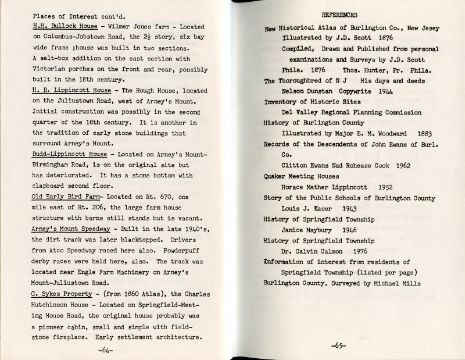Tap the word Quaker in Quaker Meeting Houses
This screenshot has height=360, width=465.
(x=278, y=177)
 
